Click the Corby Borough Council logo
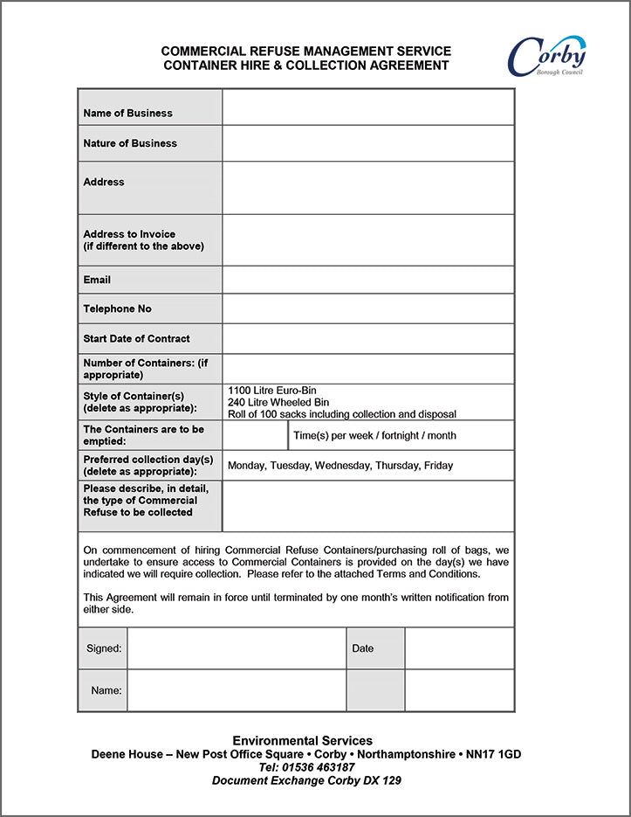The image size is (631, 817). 546,56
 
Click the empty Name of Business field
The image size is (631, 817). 367,107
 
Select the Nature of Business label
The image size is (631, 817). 130,143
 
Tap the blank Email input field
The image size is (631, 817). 367,280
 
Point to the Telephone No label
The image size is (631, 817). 117,309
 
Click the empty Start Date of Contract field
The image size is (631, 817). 367,338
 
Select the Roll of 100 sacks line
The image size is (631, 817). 341,414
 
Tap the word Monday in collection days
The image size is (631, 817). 246,466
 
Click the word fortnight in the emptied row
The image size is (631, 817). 394,435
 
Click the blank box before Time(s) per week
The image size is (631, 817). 255,435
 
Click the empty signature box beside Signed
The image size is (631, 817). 237,648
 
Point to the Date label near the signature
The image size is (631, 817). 362,648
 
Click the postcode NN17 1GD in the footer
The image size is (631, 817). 493,754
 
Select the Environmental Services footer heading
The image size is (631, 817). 302,741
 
